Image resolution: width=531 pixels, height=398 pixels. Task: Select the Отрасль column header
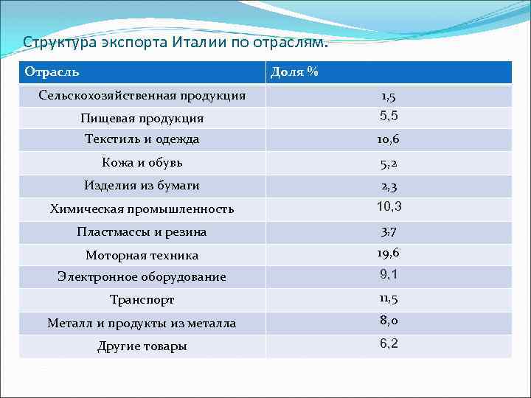[x=52, y=72]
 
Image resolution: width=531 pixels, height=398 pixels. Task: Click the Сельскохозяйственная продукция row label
[x=142, y=95]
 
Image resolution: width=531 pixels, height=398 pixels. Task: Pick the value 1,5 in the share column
[x=389, y=97]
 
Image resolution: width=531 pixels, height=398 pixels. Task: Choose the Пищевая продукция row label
[x=142, y=118]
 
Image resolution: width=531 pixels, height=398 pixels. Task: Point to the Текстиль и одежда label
[x=142, y=139]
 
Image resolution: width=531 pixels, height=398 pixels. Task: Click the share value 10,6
[x=389, y=140]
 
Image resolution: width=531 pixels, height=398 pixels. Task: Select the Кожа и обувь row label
[x=142, y=162]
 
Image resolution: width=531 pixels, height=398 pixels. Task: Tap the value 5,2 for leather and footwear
[x=389, y=164]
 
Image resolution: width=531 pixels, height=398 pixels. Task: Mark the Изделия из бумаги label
[x=142, y=186]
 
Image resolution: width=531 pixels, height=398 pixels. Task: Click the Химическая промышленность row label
[x=142, y=209]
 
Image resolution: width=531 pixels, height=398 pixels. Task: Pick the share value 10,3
[x=389, y=206]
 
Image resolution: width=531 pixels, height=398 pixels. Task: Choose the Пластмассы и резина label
[x=142, y=232]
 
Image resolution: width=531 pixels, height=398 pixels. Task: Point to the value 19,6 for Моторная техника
[x=389, y=254]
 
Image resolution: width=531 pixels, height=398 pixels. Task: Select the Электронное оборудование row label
[x=142, y=277]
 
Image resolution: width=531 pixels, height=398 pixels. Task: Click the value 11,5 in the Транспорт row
[x=389, y=298]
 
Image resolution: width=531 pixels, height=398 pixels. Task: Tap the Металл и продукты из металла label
[x=142, y=323]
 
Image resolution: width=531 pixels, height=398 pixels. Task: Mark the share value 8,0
[x=389, y=321]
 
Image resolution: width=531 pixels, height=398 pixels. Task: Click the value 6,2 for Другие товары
[x=389, y=343]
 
